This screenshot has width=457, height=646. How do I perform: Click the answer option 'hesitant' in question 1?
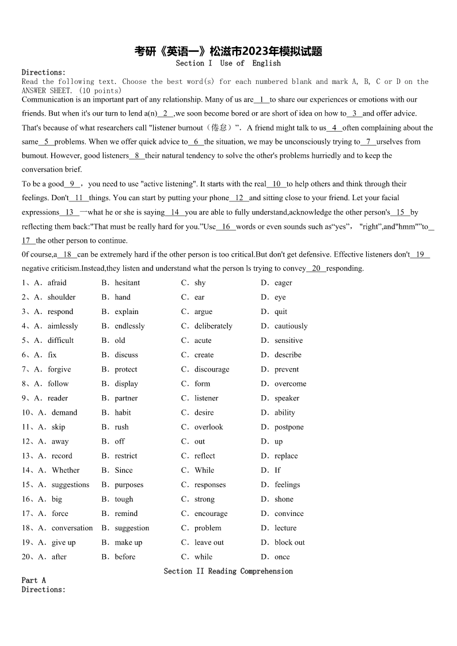coord(127,283)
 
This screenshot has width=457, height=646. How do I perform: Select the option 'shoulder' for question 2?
coord(62,297)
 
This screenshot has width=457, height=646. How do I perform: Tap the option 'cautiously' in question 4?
coord(291,326)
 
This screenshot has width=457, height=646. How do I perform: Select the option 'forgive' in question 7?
coord(59,369)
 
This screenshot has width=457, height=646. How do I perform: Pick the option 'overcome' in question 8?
coord(290,384)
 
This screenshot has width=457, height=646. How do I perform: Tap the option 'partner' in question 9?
coord(126,398)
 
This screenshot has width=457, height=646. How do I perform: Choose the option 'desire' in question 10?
coord(204,412)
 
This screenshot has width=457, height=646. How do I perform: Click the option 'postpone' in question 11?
coord(289,427)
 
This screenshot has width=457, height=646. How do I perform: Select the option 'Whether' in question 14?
coord(66,470)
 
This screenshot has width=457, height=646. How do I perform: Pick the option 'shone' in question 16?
coord(284,499)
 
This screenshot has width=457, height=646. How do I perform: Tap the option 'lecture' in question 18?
coord(285,528)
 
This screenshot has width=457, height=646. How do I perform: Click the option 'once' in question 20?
coord(282,557)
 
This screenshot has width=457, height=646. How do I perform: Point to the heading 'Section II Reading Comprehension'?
coord(228,571)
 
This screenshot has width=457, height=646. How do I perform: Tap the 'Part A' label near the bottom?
coord(33,580)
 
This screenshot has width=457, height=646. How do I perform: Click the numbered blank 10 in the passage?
coord(276,184)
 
